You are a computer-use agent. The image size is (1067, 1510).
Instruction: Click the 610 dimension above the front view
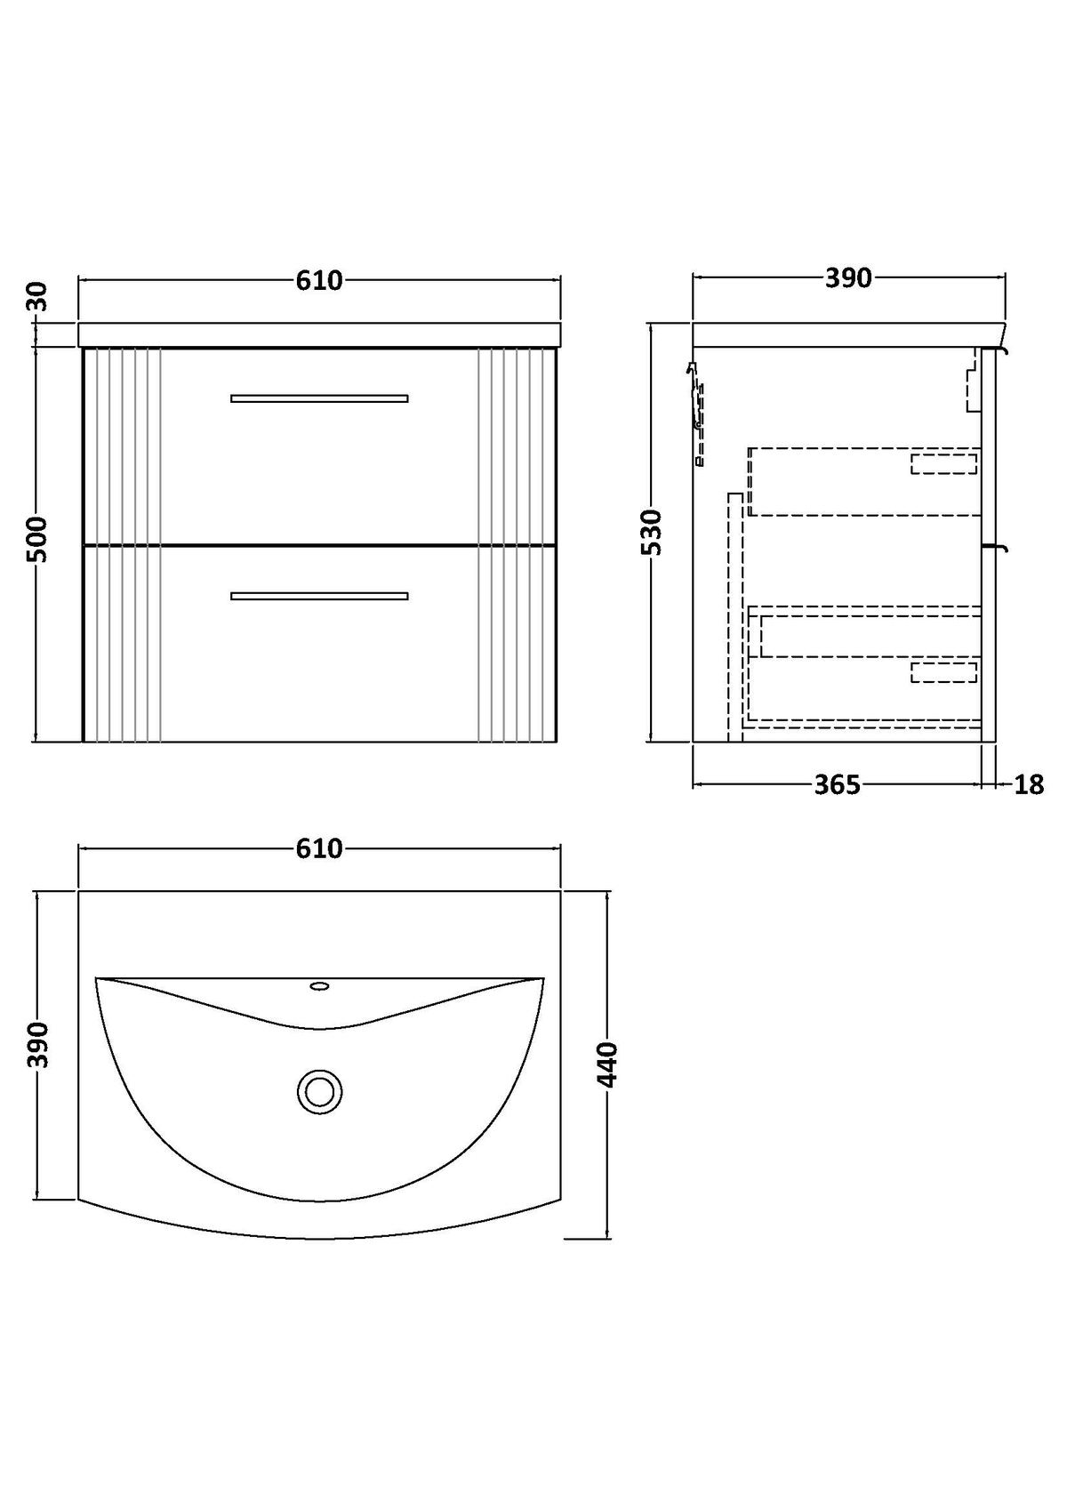pos(319,280)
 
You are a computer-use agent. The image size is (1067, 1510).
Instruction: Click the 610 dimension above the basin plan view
pos(319,848)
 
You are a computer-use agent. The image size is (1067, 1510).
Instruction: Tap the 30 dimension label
pos(38,296)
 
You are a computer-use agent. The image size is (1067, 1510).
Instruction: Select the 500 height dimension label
pos(38,539)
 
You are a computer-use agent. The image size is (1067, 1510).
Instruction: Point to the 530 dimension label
pos(652,533)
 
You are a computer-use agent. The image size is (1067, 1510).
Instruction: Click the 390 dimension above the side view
pos(848,278)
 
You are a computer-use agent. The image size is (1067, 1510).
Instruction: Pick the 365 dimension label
pos(838,784)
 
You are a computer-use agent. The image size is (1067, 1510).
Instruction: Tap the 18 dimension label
pos(1029,784)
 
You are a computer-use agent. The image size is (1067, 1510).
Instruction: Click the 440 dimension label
pos(607,1064)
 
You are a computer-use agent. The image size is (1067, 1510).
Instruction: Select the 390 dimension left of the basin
pos(38,1044)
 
